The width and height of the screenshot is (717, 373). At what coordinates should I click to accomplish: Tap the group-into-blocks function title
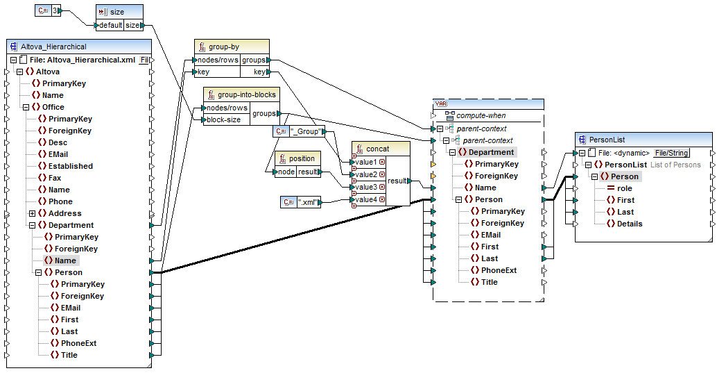pos(246,94)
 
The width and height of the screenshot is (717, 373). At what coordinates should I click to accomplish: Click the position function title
pos(302,158)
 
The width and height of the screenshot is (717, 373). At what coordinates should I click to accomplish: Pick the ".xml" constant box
pos(304,202)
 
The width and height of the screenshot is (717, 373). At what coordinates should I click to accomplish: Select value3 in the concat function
pos(365,187)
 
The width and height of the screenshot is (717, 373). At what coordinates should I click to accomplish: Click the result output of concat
pos(397,181)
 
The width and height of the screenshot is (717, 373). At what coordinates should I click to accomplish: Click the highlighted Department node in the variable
pos(491,152)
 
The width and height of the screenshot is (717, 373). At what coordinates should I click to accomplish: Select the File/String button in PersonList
pos(672,153)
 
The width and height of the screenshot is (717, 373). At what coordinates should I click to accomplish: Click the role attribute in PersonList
pos(624,188)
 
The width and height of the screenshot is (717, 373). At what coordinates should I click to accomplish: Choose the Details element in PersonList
pos(629,224)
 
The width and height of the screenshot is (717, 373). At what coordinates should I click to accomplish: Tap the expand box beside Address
pos(32,213)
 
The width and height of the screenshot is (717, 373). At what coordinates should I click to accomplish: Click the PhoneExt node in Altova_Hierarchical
pos(78,343)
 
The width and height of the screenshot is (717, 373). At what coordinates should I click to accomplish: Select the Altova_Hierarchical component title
pos(53,47)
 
